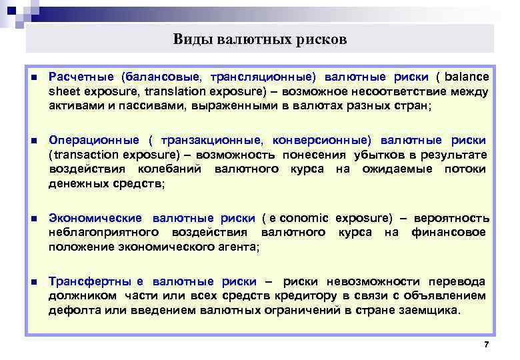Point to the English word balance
click(467, 77)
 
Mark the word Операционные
click(94, 141)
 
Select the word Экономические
click(95, 218)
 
